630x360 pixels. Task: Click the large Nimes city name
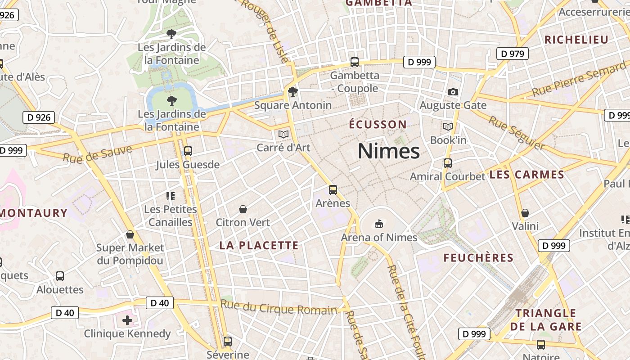389,151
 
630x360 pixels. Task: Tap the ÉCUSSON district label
378,124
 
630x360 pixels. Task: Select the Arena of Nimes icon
379,224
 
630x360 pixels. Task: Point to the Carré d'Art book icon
283,134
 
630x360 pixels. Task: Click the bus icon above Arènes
333,190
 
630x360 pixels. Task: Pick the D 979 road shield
512,54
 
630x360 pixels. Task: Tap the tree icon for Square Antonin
293,92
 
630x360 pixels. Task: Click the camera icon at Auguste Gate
453,92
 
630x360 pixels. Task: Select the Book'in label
448,140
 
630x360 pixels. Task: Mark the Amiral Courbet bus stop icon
448,163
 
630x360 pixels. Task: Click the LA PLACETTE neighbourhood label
259,245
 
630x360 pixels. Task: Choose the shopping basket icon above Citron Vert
243,209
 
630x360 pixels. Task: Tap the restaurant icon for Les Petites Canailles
171,196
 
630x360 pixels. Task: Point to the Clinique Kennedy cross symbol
127,320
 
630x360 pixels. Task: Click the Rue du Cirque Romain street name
279,308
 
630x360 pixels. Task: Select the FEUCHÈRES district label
478,258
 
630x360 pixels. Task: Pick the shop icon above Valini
525,213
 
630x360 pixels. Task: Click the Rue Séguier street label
517,133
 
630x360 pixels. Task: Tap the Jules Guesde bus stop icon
188,151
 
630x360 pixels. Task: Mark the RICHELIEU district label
576,40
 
